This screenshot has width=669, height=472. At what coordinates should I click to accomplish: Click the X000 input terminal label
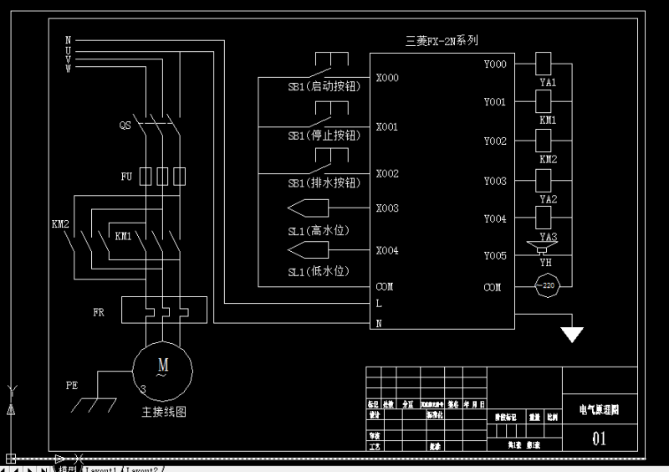[387, 78]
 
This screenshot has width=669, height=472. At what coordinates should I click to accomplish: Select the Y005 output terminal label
[495, 255]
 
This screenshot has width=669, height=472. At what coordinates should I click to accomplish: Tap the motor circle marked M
[163, 368]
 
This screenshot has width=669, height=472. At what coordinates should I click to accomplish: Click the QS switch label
[125, 125]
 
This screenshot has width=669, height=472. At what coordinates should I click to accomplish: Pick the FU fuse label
[126, 177]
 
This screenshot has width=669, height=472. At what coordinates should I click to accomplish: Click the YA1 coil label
[548, 83]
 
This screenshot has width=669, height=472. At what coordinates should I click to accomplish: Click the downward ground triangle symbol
[572, 335]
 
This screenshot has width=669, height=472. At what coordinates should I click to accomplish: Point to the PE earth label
[72, 386]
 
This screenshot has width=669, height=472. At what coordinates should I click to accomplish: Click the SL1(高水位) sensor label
[319, 229]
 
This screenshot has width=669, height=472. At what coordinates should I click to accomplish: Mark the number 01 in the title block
[599, 439]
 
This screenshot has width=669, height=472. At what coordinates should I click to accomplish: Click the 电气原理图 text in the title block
[599, 410]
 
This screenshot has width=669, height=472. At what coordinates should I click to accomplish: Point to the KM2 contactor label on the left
[59, 224]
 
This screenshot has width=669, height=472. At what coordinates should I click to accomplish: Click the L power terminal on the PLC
[379, 303]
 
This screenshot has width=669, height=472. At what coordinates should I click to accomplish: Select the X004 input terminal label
[387, 250]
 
